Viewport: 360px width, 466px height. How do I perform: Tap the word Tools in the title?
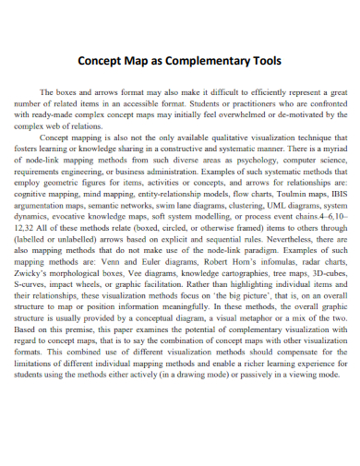(x=261, y=62)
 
